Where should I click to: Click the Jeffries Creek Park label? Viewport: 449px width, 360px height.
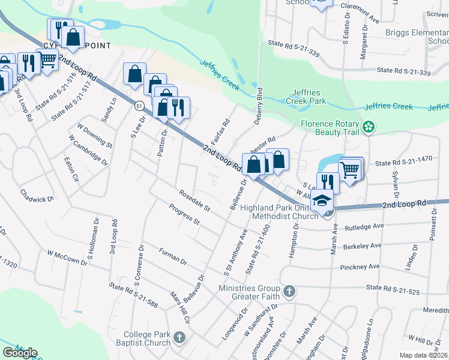click(309, 97)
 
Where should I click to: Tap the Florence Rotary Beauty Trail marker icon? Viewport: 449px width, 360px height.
click(369, 127)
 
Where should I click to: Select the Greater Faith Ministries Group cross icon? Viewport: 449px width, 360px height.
click(289, 292)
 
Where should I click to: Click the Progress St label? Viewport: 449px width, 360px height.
click(184, 214)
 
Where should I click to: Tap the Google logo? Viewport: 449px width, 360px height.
click(20, 352)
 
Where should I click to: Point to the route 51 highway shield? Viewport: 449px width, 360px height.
click(139, 106)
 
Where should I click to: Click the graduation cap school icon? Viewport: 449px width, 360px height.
click(324, 200)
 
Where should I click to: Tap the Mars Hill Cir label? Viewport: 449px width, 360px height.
click(179, 306)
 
